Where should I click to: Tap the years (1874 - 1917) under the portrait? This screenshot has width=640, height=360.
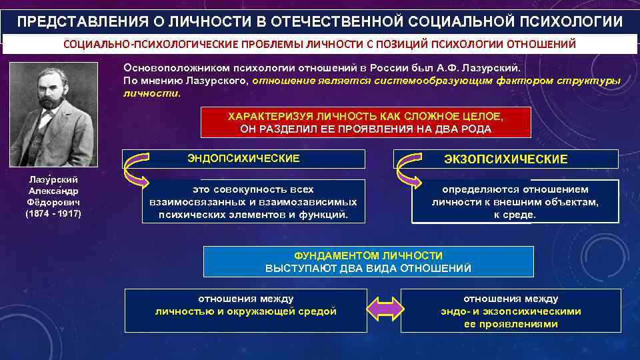coord(53,214)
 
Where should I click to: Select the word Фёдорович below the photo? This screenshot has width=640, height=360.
coord(53,202)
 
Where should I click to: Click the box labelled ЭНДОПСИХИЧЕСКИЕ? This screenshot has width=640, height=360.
coord(243,159)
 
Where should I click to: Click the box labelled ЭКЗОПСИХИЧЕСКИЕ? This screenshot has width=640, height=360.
coord(506,159)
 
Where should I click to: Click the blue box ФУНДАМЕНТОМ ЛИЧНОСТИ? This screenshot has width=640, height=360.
coord(368,261)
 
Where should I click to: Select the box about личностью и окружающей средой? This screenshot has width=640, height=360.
coord(246,310)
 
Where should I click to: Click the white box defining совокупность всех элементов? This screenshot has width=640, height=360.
coord(253,201)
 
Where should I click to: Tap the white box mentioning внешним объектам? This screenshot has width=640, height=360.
coord(515,201)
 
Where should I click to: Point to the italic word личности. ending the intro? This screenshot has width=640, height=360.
coord(152,93)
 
